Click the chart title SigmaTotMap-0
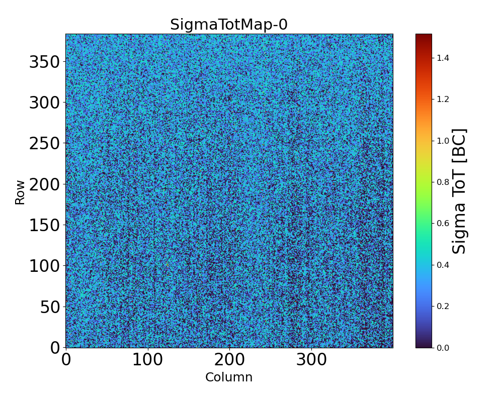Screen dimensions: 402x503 point(229,25)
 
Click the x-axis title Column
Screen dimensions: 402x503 point(229,377)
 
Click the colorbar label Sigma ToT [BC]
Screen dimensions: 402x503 point(459,191)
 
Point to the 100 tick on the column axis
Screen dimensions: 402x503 point(147,360)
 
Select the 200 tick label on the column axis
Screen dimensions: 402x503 point(229,360)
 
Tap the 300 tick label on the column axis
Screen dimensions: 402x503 point(311,360)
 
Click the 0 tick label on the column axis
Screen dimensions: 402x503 point(66,360)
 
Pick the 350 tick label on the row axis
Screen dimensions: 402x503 point(44,62)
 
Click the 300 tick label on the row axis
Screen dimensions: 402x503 point(44,103)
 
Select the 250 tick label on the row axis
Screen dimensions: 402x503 point(44,144)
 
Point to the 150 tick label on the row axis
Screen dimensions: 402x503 point(44,225)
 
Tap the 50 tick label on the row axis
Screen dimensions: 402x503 point(50,307)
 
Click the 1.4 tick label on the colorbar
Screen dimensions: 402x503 point(443,58)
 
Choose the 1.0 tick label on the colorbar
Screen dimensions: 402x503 point(443,141)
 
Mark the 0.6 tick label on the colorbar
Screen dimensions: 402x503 point(443,224)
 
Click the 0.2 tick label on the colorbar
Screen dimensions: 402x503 point(443,307)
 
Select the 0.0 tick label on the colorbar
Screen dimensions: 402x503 point(443,348)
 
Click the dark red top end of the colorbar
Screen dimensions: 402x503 point(424,36)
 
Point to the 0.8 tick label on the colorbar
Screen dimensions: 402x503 point(443,182)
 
